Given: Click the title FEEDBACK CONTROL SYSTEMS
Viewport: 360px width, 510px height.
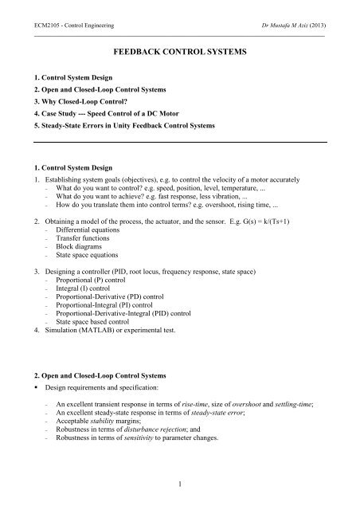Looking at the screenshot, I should pos(180,57).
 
